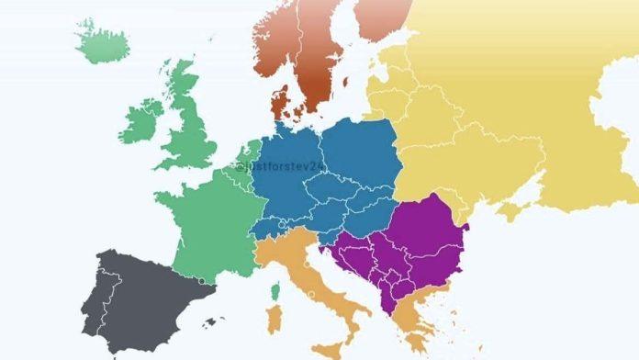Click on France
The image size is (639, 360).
pos(207,220)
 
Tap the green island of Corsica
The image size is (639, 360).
pos(275,293)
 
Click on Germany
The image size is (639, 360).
pos(285,179)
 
